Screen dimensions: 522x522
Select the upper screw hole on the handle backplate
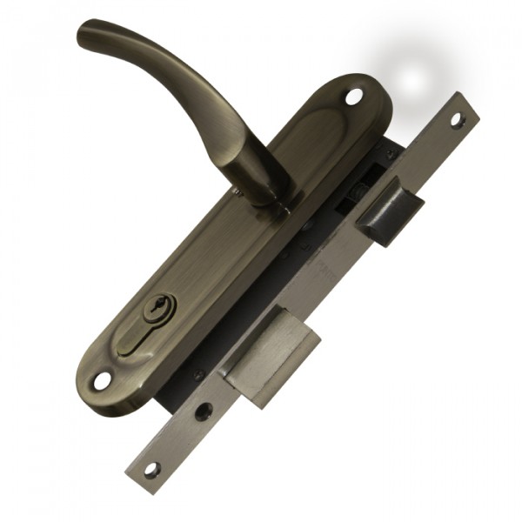tap(352, 97)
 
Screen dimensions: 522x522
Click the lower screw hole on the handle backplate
tap(103, 380)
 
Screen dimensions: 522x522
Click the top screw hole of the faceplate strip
tap(455, 119)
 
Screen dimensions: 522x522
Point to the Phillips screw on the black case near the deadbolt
tap(199, 374)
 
